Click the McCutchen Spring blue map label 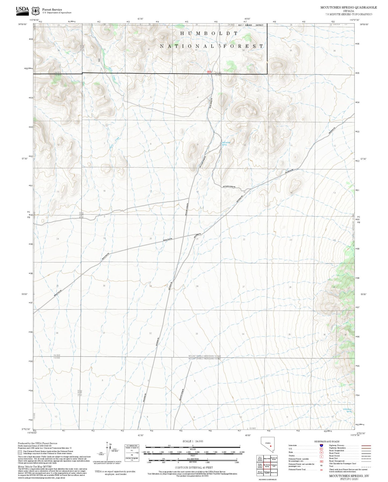(224, 143)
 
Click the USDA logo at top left (22, 10)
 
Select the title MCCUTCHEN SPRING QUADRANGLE (348, 8)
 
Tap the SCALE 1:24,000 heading (193, 441)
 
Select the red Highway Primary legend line (366, 445)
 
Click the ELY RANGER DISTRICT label (251, 25)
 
